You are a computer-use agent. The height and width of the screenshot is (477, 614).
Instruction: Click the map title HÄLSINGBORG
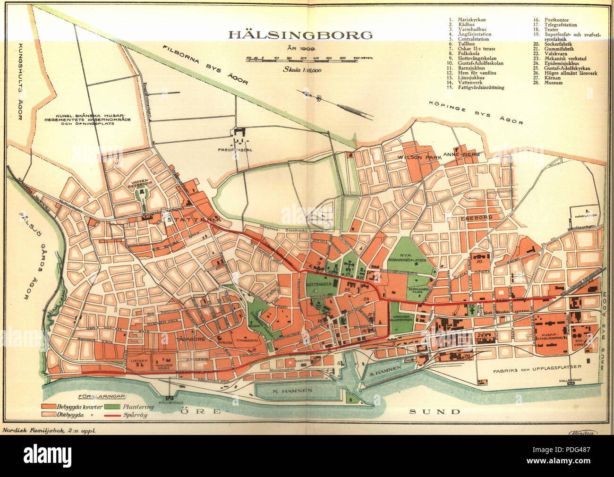pos(300,35)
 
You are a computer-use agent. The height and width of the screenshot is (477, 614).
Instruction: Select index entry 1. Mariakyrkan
pos(468,20)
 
